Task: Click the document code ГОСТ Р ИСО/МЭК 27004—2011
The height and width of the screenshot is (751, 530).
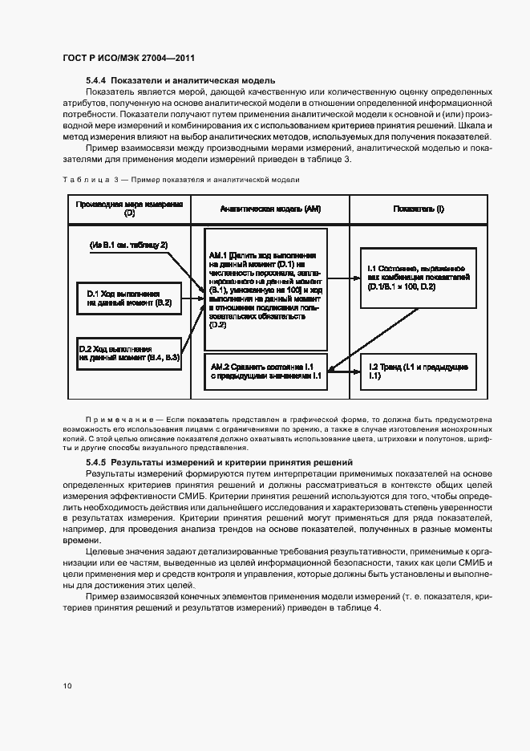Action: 128,58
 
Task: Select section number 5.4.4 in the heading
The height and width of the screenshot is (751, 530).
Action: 96,80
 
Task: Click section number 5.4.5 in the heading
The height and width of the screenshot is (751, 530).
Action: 96,463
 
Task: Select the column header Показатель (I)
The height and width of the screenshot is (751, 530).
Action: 418,209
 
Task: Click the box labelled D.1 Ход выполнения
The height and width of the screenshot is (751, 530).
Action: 128,298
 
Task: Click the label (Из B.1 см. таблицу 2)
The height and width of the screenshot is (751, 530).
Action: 128,244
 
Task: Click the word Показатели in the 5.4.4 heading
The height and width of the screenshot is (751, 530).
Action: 138,80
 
